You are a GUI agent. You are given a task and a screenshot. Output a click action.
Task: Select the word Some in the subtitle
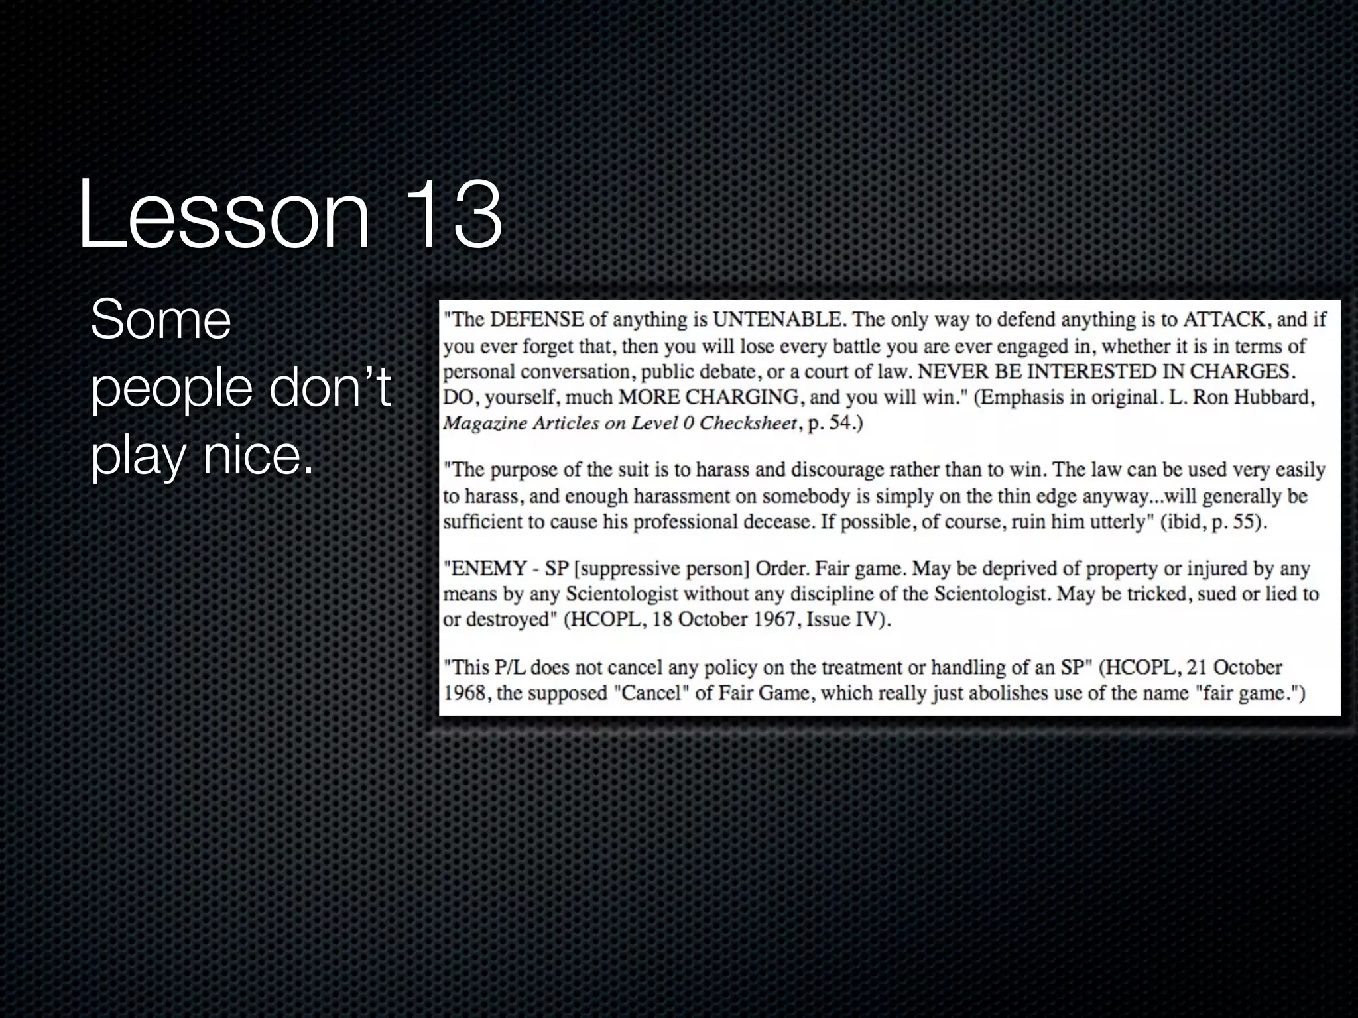tap(160, 321)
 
